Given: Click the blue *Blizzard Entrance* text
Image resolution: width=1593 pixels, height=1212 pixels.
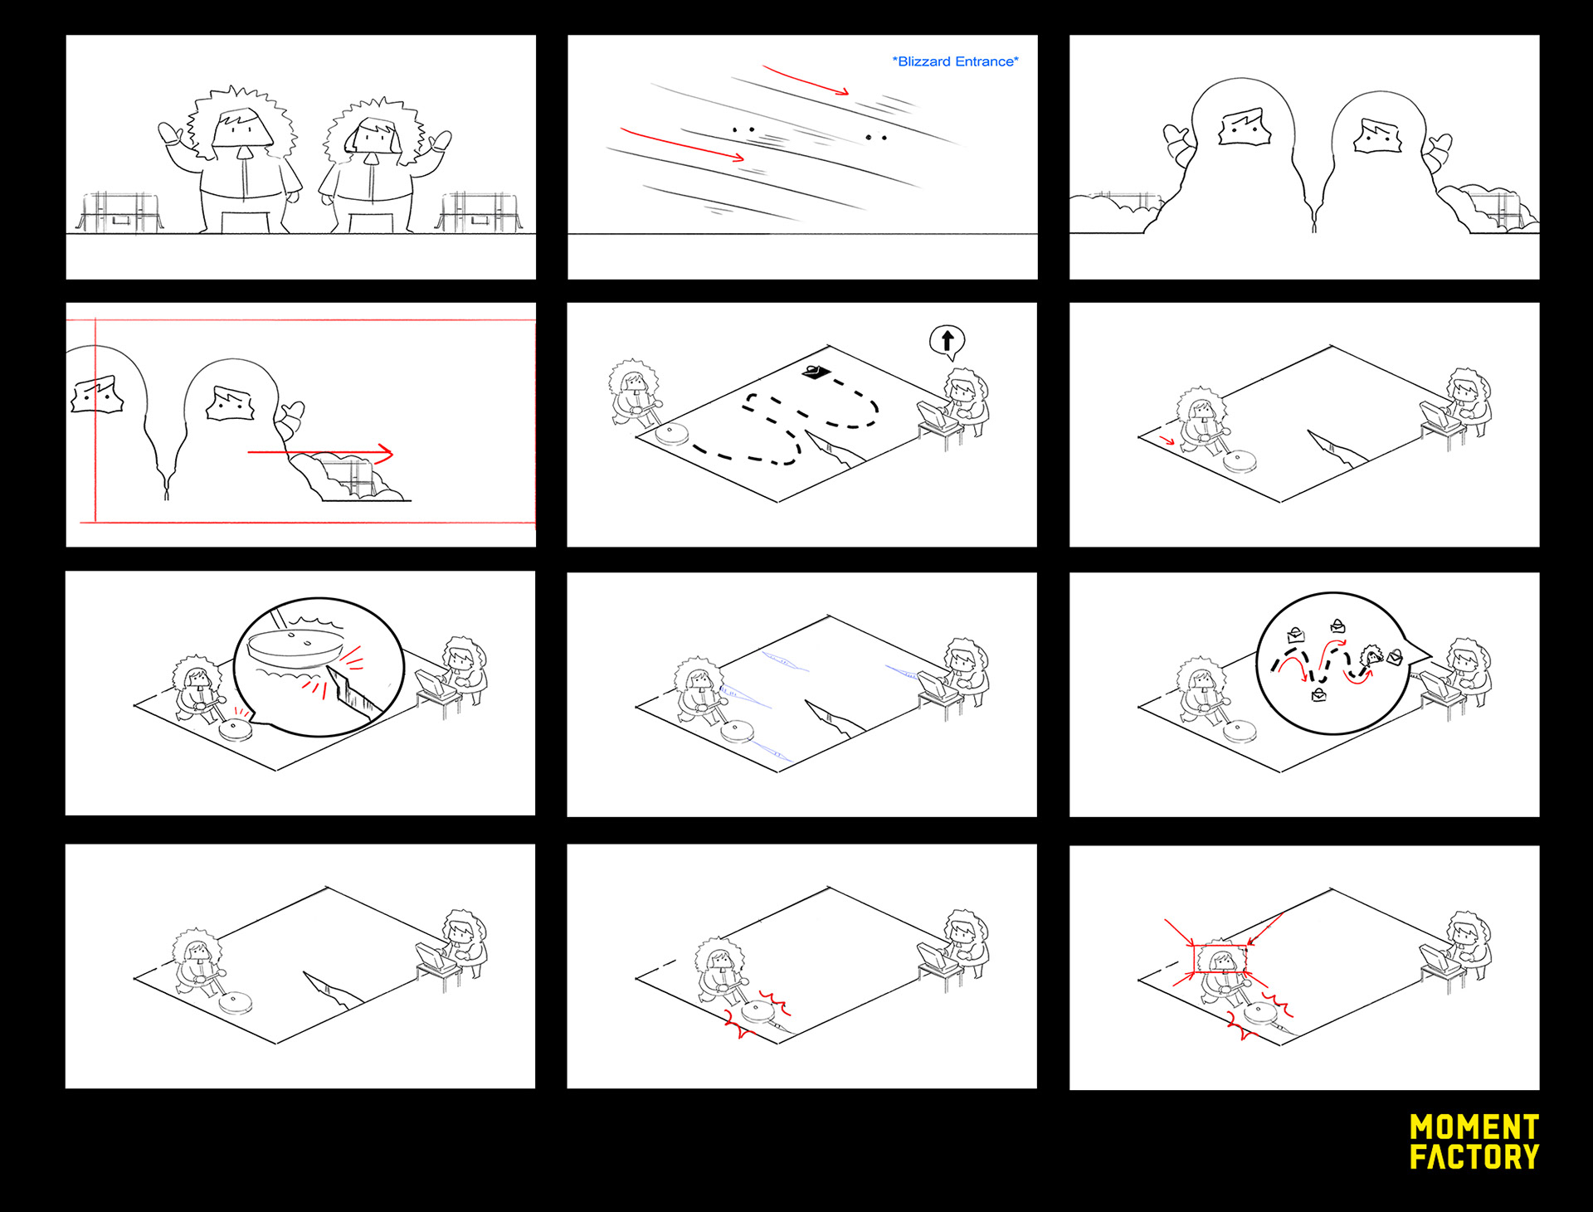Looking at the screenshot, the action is (955, 61).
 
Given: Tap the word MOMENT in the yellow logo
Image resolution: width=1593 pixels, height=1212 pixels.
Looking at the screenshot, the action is (1474, 1127).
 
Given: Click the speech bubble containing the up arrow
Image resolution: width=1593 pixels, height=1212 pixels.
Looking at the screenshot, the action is (947, 340).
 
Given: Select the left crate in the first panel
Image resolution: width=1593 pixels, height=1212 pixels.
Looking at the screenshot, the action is (119, 212).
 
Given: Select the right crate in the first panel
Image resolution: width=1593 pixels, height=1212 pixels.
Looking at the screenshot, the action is (480, 212).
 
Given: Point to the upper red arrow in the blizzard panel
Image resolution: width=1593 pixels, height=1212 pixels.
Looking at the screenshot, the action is (805, 80).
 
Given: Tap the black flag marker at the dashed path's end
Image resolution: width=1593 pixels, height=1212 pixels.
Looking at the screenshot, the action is (816, 372).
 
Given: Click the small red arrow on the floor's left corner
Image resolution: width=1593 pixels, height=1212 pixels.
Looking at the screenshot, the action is (1167, 440).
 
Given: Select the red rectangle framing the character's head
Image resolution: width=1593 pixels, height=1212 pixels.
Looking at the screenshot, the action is (1220, 959).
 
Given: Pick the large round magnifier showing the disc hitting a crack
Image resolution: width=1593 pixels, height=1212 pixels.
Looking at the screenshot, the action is (319, 666).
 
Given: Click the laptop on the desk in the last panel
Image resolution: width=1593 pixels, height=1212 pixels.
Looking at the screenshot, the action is (1435, 958).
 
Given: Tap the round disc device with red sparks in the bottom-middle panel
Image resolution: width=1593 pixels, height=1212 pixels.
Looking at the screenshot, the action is (757, 1010).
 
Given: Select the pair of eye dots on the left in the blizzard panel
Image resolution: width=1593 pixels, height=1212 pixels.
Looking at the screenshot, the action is (743, 129).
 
